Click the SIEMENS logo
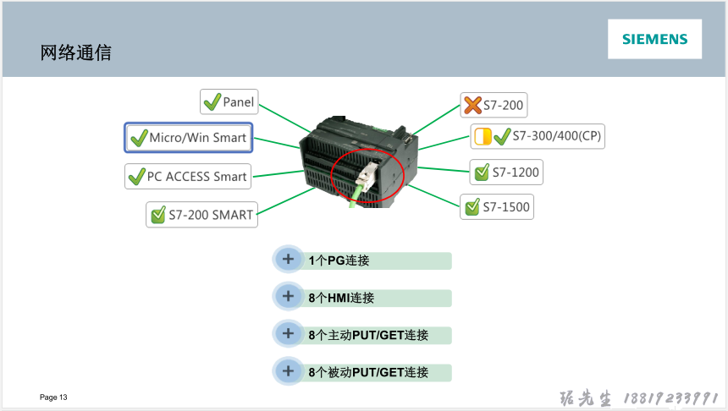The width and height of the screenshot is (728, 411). (654, 39)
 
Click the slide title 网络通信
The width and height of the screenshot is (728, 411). (76, 53)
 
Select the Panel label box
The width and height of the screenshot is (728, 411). (229, 102)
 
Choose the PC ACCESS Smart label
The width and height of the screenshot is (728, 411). (188, 177)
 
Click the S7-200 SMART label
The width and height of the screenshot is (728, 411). (201, 215)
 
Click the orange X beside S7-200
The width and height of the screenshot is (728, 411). (472, 106)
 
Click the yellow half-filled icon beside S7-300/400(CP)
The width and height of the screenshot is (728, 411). (483, 136)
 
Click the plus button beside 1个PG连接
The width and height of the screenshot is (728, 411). (288, 260)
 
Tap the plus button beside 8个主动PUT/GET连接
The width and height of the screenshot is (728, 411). (288, 334)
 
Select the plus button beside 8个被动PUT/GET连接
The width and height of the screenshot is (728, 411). (288, 371)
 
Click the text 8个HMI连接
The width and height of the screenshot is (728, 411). (341, 298)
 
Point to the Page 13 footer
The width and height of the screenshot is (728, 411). (53, 397)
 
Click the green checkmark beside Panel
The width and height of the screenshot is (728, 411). (212, 102)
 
